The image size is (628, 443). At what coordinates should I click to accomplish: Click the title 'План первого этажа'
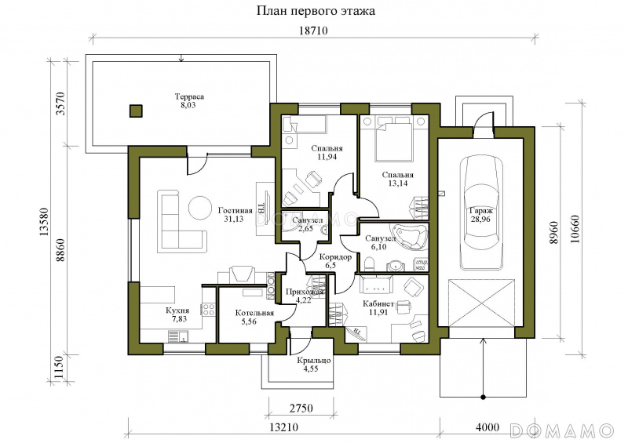316,11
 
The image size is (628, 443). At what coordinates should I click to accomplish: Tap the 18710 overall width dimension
313,31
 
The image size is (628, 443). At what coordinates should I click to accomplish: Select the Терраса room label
189,96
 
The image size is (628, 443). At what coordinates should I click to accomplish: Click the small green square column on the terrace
136,111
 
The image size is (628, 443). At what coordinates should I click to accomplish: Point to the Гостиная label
235,211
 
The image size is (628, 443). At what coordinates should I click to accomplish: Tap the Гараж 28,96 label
481,215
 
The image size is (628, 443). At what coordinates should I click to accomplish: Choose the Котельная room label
254,313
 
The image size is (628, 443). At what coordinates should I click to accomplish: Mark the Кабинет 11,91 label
378,307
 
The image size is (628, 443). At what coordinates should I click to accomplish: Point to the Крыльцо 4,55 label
313,365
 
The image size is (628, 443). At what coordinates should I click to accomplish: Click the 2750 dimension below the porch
301,409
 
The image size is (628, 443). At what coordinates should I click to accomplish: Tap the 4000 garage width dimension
487,427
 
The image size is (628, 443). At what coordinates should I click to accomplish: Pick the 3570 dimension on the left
60,103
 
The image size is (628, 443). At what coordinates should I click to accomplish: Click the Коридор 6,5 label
336,261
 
